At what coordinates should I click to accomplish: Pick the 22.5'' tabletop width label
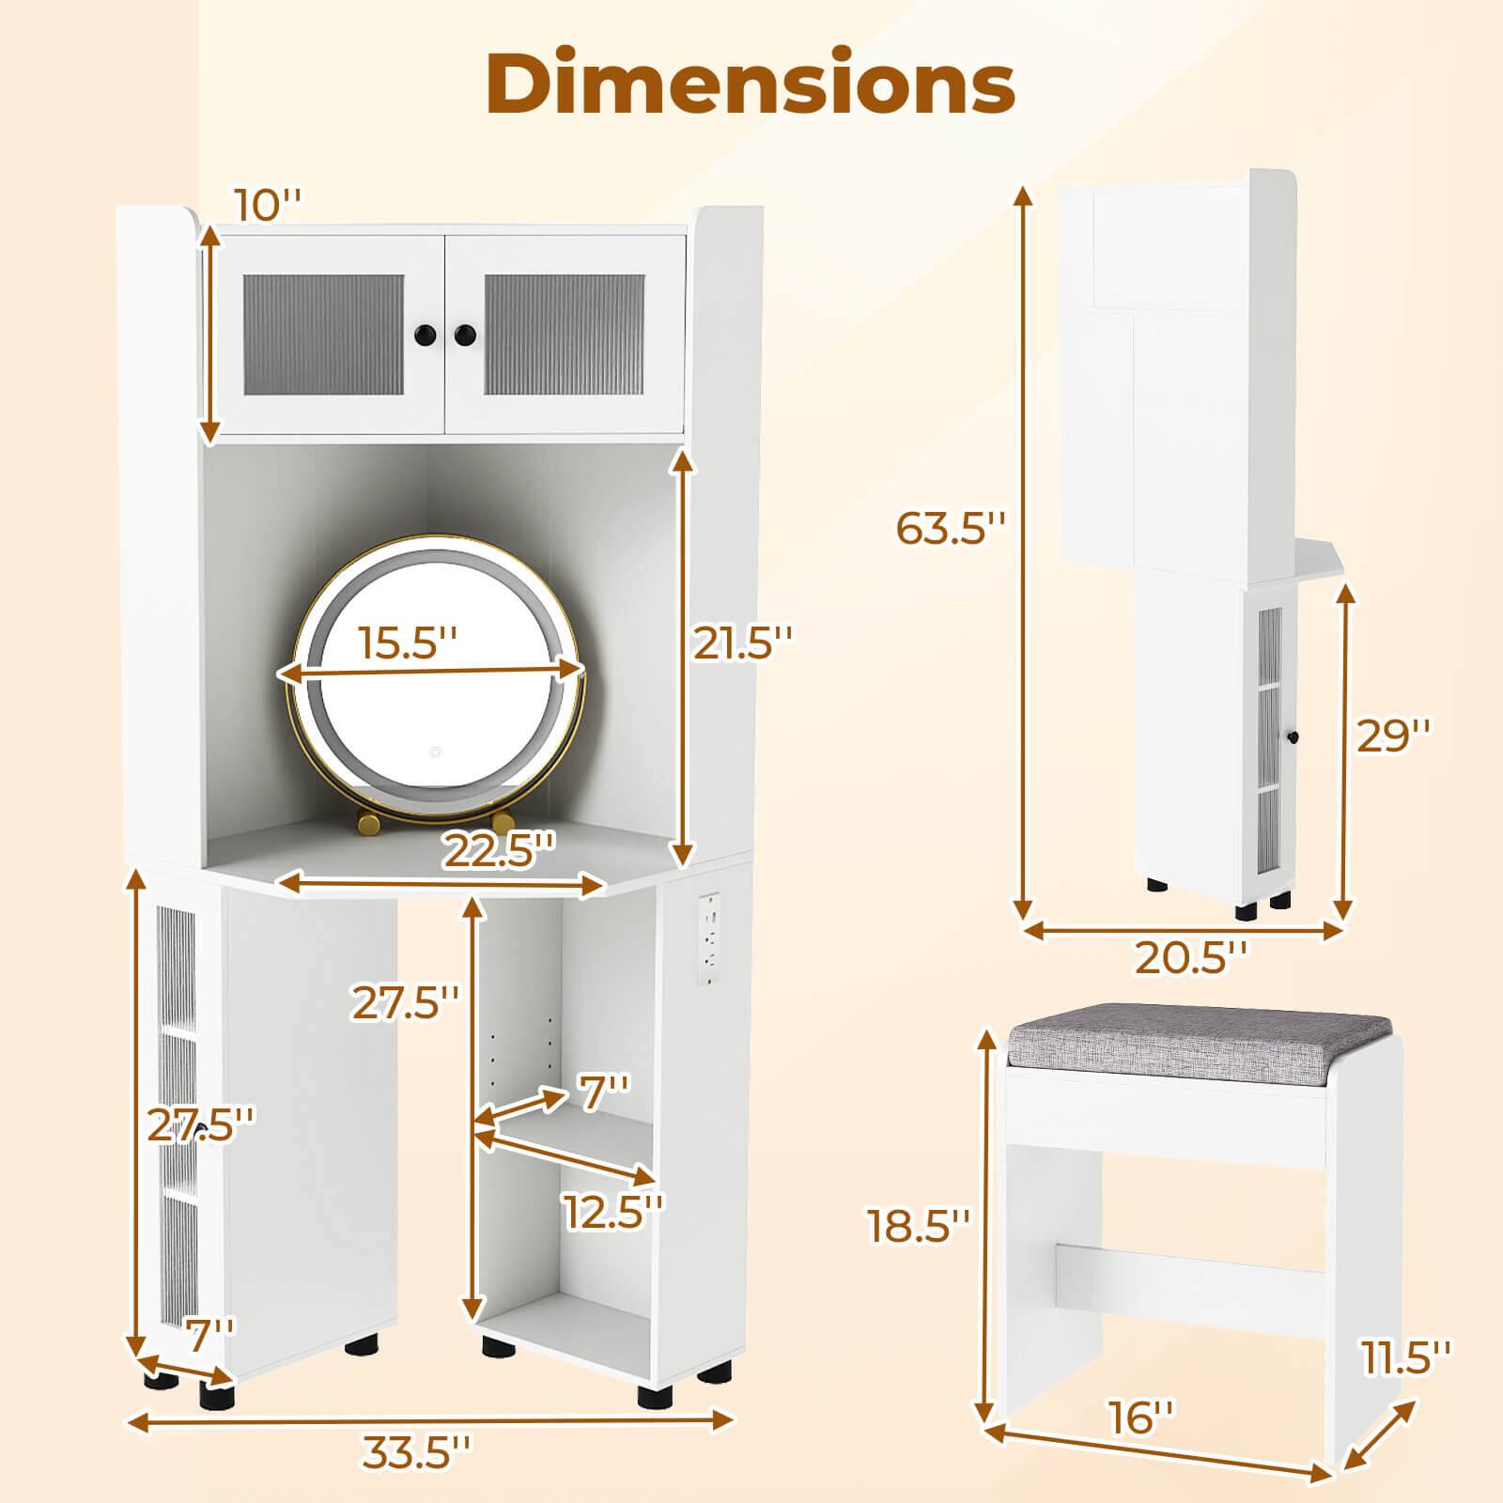coord(499,851)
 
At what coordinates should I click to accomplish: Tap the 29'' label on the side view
coord(1393,736)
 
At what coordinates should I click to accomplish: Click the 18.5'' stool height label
coord(919,1226)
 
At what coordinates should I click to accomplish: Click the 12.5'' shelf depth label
coord(613,1211)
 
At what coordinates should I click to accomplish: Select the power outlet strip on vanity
coord(710,939)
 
